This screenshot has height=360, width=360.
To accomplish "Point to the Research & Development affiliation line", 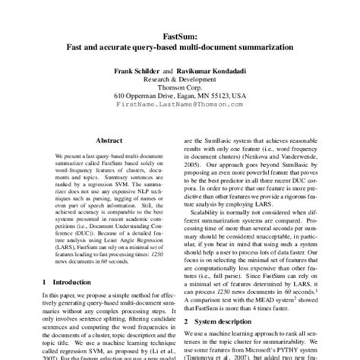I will (x=180, y=78).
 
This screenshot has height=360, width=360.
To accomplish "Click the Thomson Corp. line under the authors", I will (x=180, y=87).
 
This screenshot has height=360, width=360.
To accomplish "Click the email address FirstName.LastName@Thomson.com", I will (x=180, y=106).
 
